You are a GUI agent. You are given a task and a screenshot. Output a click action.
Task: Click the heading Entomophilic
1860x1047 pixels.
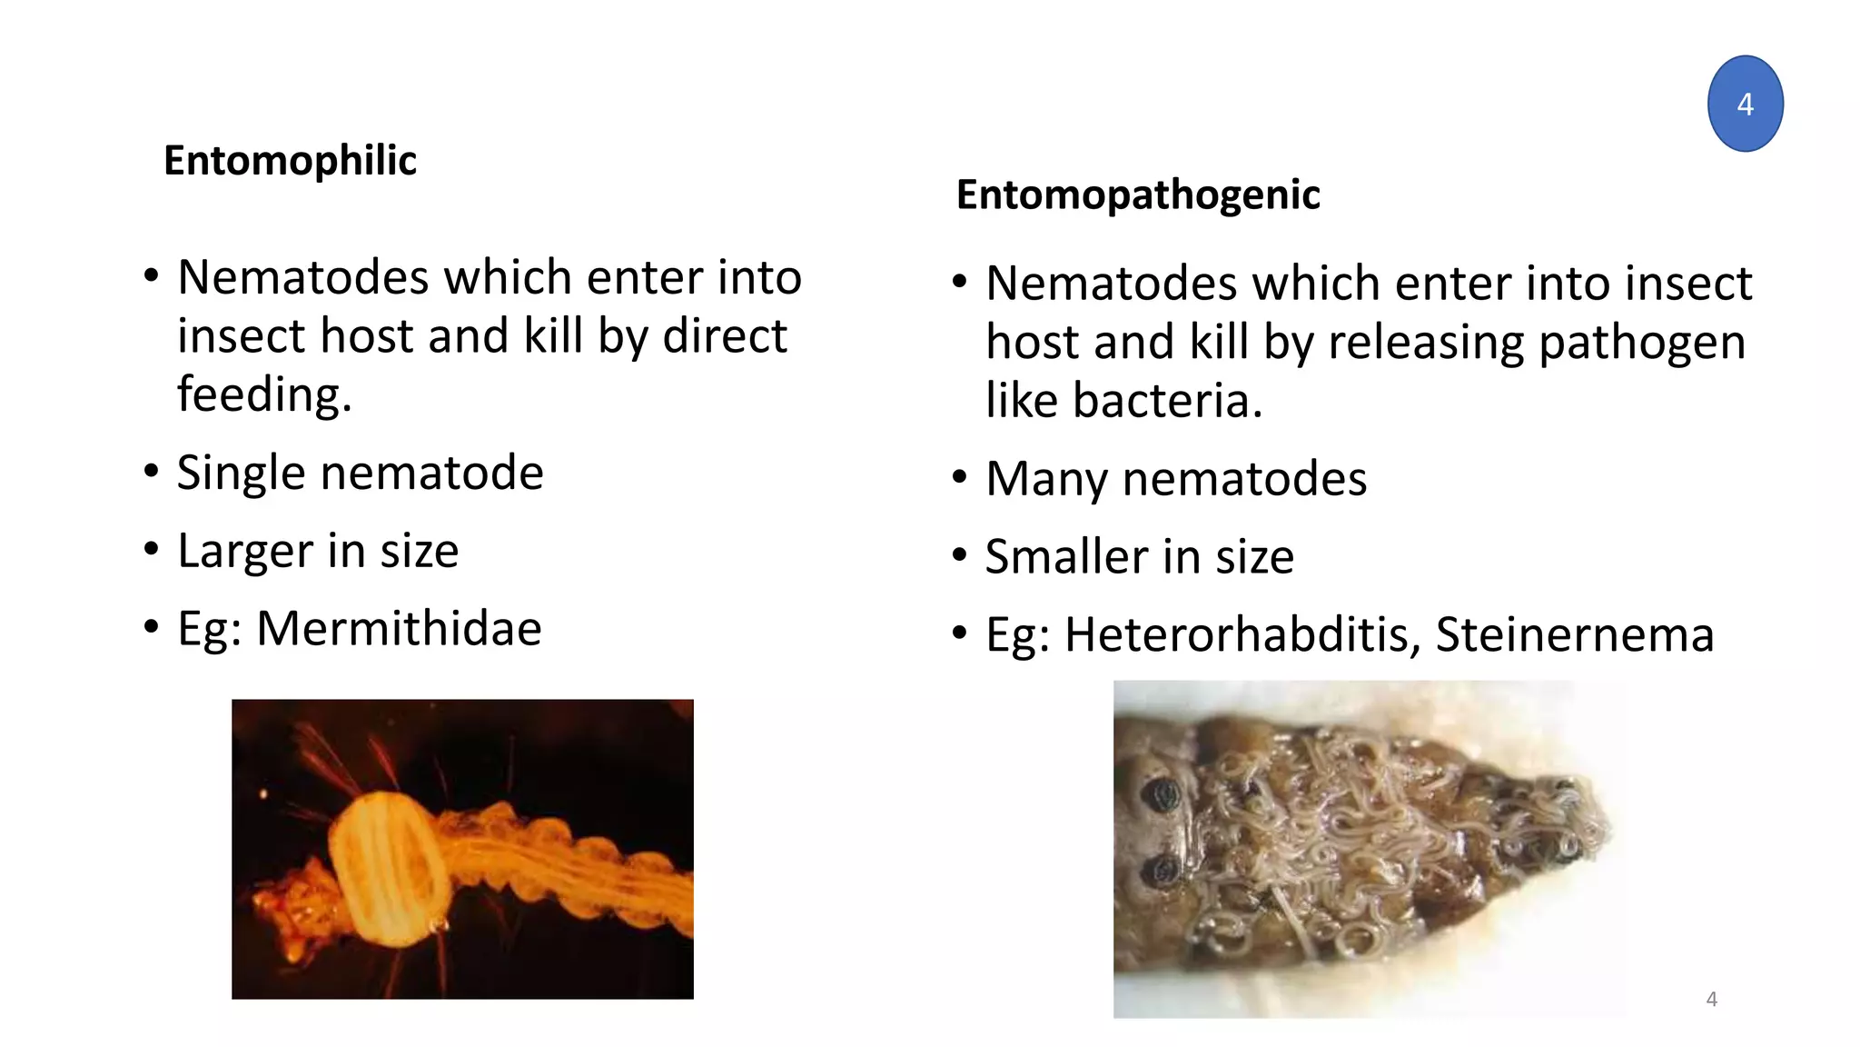(290, 161)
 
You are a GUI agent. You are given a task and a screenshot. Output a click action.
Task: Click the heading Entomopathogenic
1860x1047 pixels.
(1137, 194)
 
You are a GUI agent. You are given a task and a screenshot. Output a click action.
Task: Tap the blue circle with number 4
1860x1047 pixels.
(1745, 104)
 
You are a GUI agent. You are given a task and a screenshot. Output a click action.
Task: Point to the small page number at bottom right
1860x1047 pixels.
(1711, 999)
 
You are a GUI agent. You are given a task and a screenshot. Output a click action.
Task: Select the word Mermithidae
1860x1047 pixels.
(399, 628)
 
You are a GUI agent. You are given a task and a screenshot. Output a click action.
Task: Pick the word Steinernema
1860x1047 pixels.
(1574, 634)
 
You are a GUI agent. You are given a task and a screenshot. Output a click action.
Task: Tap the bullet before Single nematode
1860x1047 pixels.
(152, 472)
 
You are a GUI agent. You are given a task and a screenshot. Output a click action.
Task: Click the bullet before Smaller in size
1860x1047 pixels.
(960, 555)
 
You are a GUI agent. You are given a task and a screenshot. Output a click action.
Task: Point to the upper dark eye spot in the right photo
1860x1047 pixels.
(1163, 797)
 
